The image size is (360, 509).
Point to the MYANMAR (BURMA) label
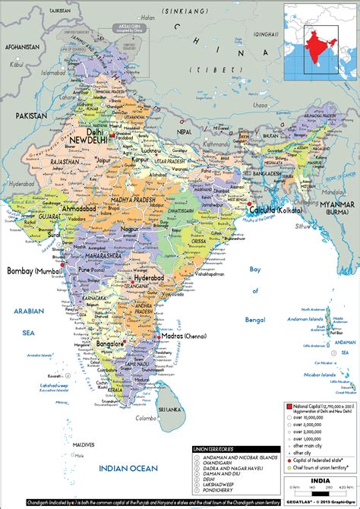335,210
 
